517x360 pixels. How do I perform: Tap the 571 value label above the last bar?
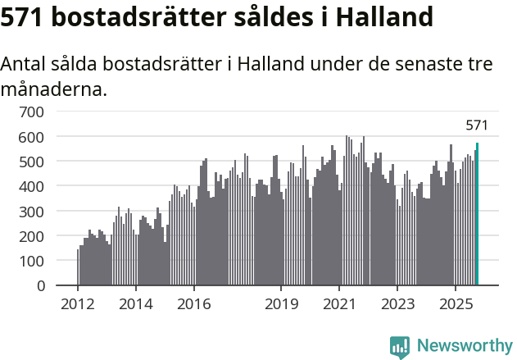477,125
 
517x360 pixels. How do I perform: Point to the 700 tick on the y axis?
32,111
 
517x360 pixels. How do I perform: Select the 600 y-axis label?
32,136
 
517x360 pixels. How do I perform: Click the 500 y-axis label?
32,162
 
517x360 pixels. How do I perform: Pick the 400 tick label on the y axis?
32,186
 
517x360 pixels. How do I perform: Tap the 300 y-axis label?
32,212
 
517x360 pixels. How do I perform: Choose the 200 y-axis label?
32,236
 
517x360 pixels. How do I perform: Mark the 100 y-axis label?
32,261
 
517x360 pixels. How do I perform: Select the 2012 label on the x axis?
78,305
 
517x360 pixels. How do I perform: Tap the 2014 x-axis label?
136,305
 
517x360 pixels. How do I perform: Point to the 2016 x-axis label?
193,305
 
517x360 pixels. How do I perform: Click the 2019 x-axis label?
281,305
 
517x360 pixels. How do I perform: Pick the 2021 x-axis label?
339,305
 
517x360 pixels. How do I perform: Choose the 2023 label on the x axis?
397,305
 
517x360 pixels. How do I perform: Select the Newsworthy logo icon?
400,347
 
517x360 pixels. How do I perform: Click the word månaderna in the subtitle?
54,89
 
